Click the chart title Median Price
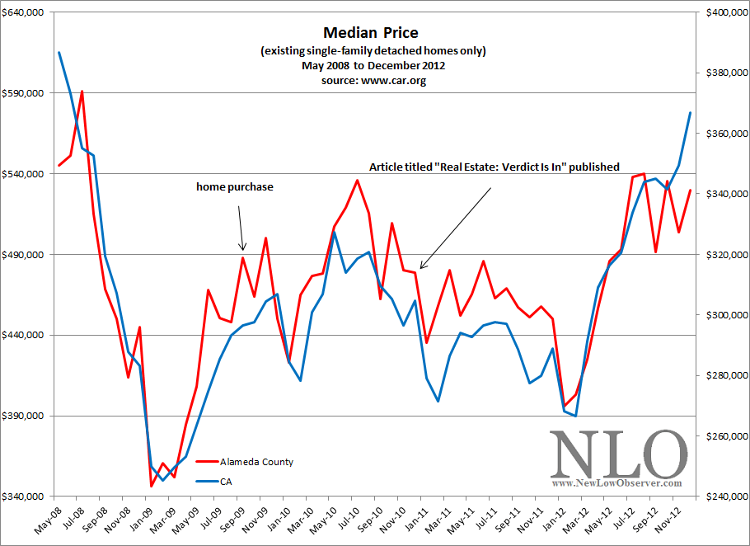(x=371, y=33)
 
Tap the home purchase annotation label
(x=234, y=187)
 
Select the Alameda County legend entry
(x=255, y=462)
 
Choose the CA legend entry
(x=225, y=481)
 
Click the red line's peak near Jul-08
(x=82, y=92)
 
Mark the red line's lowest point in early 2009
(x=151, y=487)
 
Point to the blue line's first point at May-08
(x=59, y=53)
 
